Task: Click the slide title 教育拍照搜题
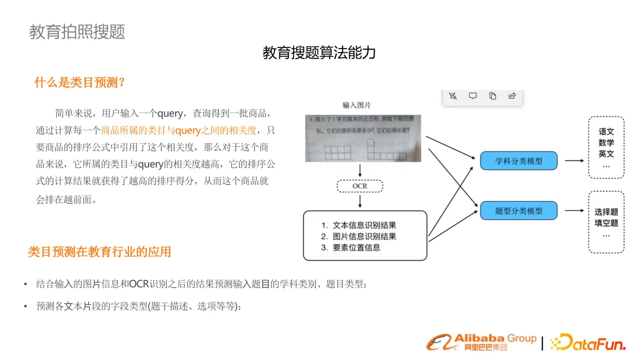click(77, 31)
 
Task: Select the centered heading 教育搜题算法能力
click(319, 53)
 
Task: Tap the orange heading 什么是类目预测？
click(80, 82)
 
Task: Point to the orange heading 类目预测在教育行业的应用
click(99, 252)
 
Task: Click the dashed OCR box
click(360, 186)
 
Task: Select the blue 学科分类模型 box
click(518, 160)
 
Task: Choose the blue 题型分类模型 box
click(518, 211)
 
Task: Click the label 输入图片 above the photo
click(357, 105)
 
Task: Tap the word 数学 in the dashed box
click(606, 143)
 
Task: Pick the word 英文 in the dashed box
click(606, 154)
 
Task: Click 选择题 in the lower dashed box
click(606, 211)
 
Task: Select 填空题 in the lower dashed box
click(606, 223)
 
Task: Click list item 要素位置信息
click(356, 247)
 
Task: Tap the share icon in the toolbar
click(512, 96)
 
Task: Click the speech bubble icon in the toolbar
click(473, 96)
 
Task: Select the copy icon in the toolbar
click(492, 96)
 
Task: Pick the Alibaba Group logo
click(482, 342)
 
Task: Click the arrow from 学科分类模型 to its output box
click(575, 160)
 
